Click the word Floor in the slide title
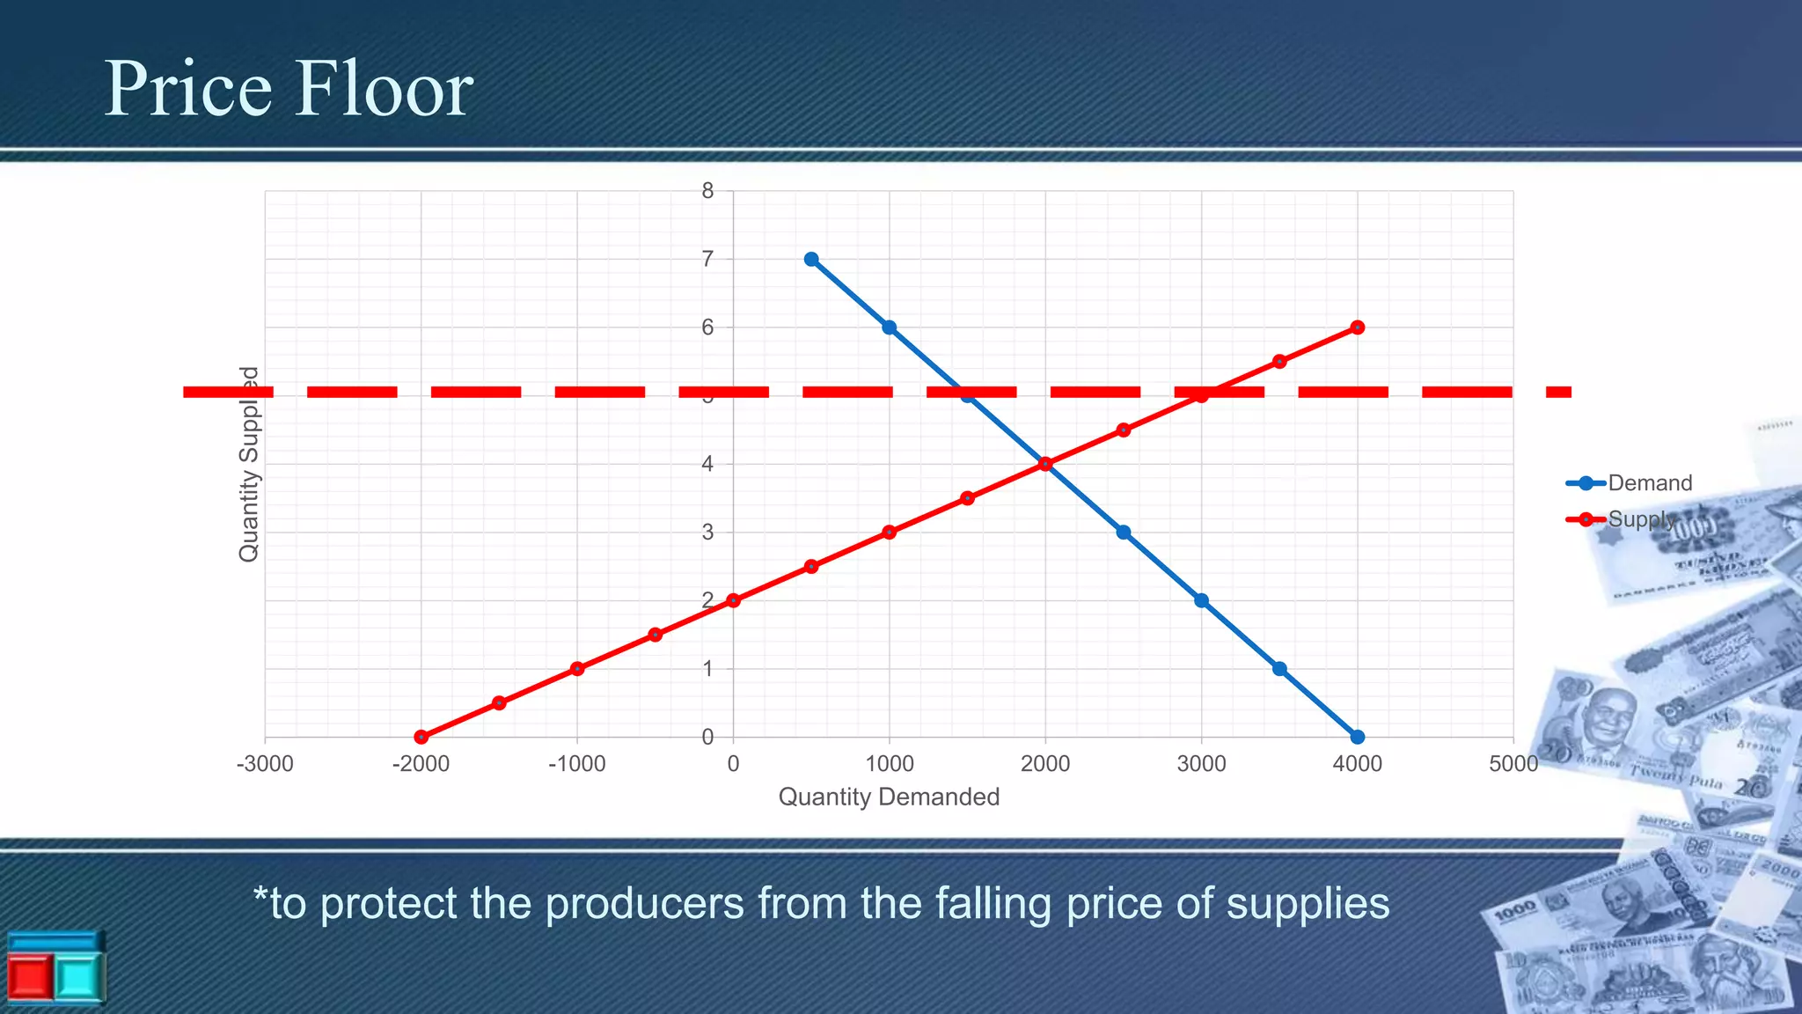(x=383, y=89)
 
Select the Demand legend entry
(x=1649, y=483)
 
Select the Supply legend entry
(x=1640, y=519)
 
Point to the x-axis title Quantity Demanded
(x=889, y=797)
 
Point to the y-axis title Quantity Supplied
(x=249, y=464)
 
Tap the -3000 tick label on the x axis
(x=265, y=764)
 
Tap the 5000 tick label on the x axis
(x=1513, y=764)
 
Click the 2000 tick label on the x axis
(x=1045, y=764)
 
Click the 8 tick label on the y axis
(x=707, y=191)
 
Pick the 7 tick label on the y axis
(x=707, y=259)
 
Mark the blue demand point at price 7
(x=811, y=259)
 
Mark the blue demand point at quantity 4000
(x=1357, y=737)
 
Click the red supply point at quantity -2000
(x=421, y=737)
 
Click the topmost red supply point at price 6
(x=1357, y=327)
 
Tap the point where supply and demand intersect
(x=1045, y=464)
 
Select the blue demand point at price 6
(x=889, y=327)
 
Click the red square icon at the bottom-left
(x=28, y=977)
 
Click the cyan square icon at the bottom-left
(x=78, y=977)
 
